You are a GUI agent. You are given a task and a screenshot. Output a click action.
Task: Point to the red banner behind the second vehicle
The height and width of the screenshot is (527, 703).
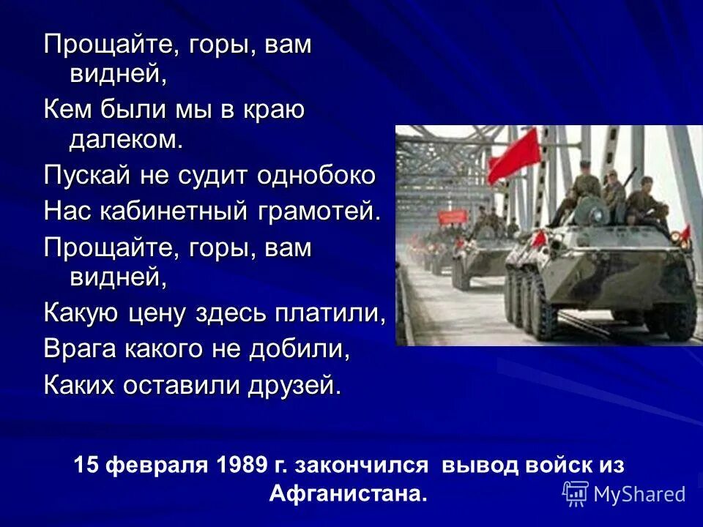[x=454, y=215]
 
